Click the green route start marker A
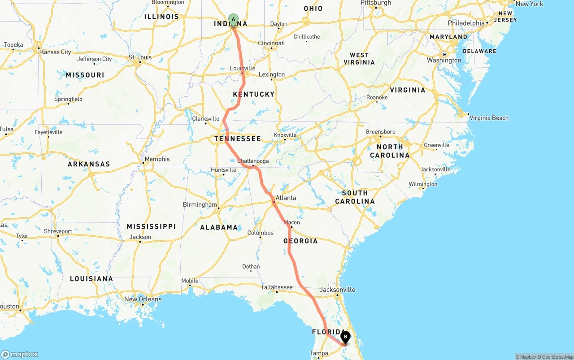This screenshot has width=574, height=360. (x=233, y=19)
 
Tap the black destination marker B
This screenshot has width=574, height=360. (x=345, y=337)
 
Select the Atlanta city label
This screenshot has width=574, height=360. (x=286, y=198)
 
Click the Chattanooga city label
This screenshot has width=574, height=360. (x=253, y=161)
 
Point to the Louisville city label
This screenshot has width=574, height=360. (x=243, y=68)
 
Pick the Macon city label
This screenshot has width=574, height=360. (x=292, y=222)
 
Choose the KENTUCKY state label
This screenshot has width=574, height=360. (x=253, y=94)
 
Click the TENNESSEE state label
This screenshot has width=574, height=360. (x=237, y=139)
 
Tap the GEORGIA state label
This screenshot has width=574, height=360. (x=300, y=241)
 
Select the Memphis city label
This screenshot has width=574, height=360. (x=157, y=159)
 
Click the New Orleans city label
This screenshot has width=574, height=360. (x=143, y=299)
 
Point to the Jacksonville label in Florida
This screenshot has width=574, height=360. (x=337, y=290)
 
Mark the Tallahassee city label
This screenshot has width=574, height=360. (x=277, y=287)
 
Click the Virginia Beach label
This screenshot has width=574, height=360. (x=488, y=118)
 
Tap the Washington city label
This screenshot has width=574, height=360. (x=444, y=60)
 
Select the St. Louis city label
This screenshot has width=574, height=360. (x=140, y=57)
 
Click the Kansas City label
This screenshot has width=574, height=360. (x=56, y=52)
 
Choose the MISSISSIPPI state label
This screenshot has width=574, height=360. (x=151, y=226)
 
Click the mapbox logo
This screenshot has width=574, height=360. (x=20, y=354)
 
